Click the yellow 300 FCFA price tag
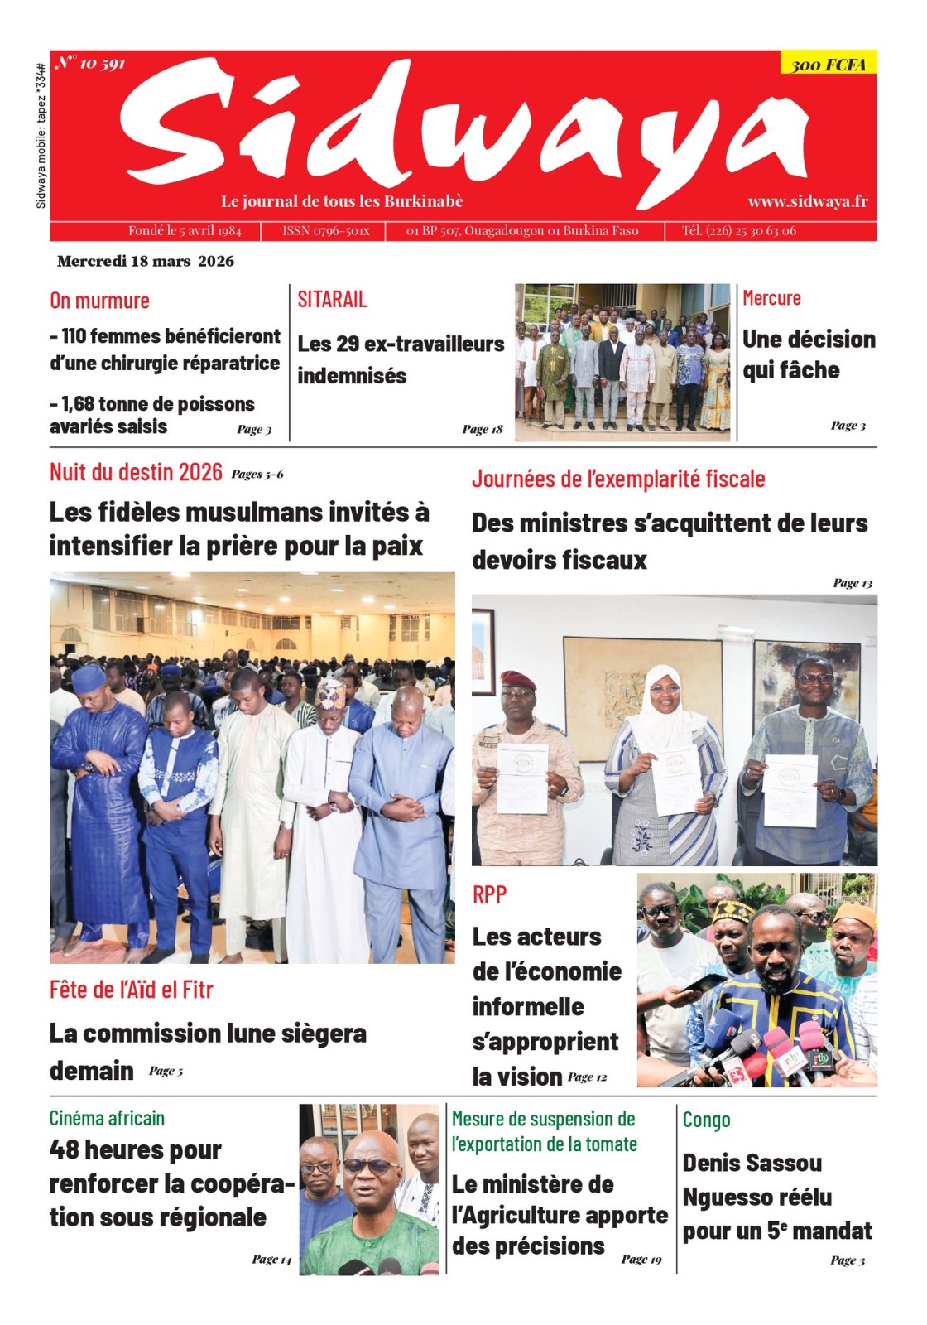pos(828,64)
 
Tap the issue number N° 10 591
pos(91,63)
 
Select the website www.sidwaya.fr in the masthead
pos(808,201)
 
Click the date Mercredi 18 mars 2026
pos(146,261)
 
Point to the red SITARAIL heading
pos(333,299)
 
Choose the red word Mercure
pos(771,298)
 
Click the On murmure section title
pos(99,301)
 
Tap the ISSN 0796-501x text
pos(325,231)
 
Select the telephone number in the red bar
pos(738,231)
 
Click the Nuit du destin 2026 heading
pos(136,472)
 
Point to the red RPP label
pos(489,894)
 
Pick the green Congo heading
pos(706,1120)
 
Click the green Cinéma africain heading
pos(107,1118)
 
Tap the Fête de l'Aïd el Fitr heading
pos(131,989)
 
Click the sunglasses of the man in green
pos(369,1165)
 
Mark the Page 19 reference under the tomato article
pos(641,1259)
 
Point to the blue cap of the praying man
pos(89,678)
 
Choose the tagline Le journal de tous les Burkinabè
pos(341,201)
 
